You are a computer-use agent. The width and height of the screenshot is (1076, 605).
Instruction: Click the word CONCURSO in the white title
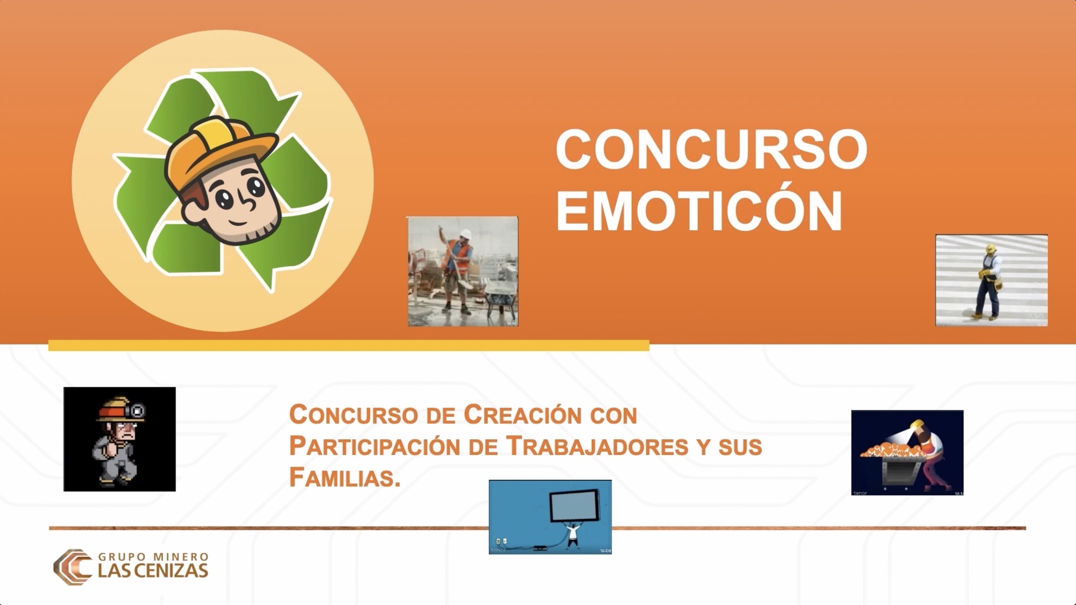pyautogui.click(x=711, y=149)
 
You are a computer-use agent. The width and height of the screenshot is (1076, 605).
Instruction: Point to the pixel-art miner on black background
pyautogui.click(x=119, y=439)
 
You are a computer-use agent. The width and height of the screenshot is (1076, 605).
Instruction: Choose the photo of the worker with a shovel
pyautogui.click(x=462, y=272)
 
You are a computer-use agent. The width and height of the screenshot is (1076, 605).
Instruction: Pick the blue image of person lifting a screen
pyautogui.click(x=550, y=517)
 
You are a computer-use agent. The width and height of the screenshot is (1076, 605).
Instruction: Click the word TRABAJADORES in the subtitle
pyautogui.click(x=598, y=446)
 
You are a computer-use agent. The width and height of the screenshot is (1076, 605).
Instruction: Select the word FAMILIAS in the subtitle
pyautogui.click(x=345, y=477)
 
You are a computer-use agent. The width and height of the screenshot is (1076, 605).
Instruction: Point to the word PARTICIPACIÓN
pyautogui.click(x=374, y=446)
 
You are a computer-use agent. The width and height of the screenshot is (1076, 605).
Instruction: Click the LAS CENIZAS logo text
pyautogui.click(x=153, y=571)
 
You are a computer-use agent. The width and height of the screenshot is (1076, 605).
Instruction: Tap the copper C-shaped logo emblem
pyautogui.click(x=73, y=567)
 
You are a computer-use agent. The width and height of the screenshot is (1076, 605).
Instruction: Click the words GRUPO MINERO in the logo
pyautogui.click(x=153, y=557)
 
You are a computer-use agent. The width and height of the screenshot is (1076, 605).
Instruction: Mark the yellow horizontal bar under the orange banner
pyautogui.click(x=349, y=345)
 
